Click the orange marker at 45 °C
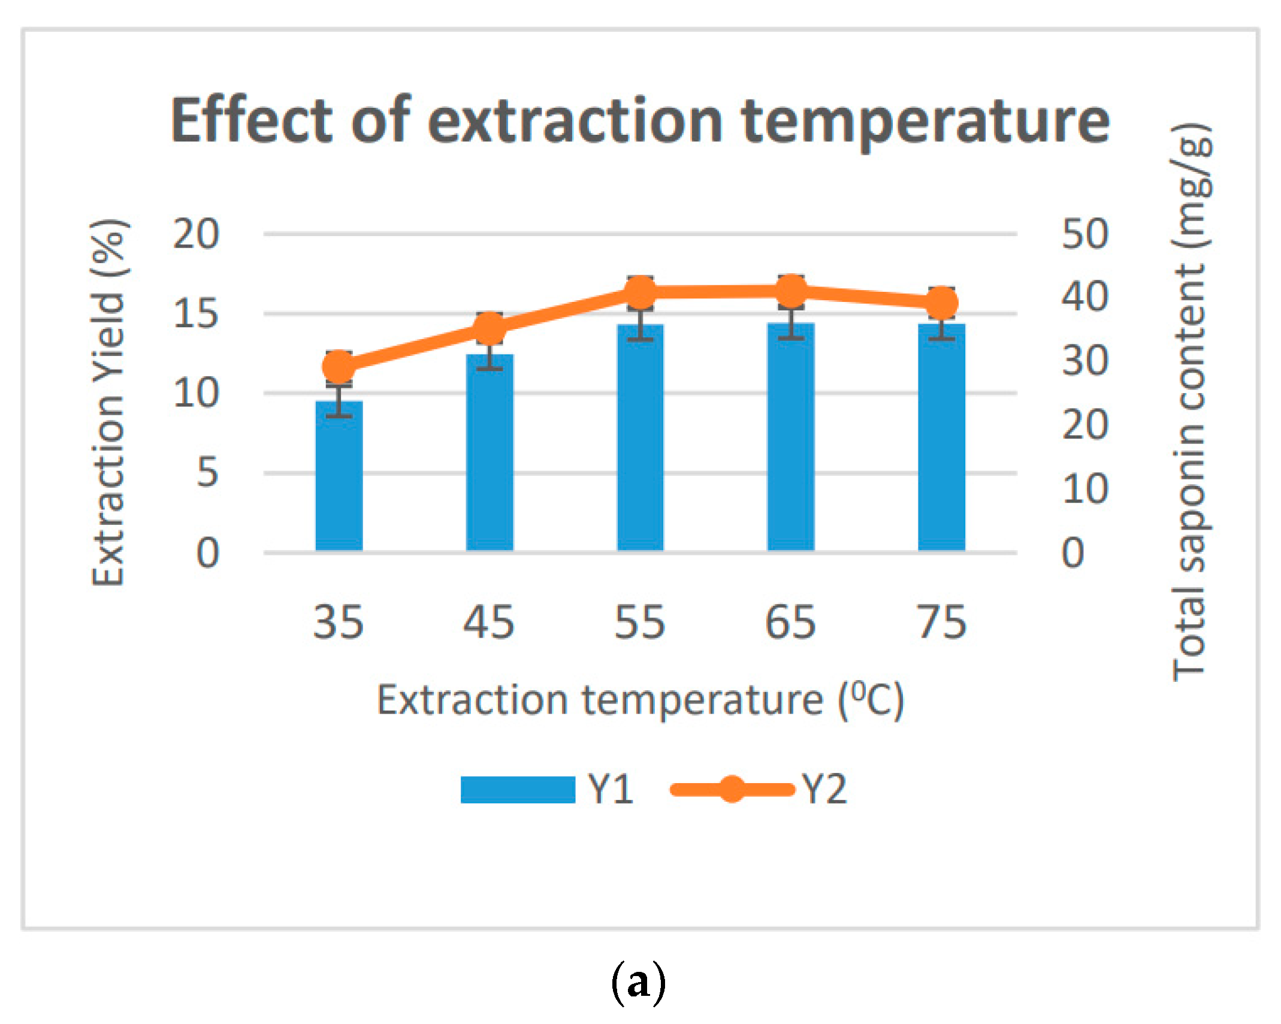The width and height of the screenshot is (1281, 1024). point(490,329)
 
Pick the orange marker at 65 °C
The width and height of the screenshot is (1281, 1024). point(791,292)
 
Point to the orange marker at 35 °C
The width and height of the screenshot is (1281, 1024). point(339,367)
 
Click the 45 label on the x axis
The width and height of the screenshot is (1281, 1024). point(488,623)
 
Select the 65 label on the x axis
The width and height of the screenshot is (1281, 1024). point(790,623)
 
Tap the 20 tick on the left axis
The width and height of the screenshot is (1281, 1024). point(196,234)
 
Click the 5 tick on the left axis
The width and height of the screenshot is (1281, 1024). point(207,473)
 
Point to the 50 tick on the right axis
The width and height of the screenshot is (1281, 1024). point(1085,234)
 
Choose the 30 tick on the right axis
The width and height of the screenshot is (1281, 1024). point(1085,361)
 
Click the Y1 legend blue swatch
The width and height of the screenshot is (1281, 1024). point(518,789)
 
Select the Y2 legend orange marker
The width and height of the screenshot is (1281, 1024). point(732,789)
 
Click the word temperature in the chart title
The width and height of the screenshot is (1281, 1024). point(925,122)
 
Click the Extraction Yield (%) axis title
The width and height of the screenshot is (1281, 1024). point(108,403)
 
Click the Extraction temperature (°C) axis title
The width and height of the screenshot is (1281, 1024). point(640,699)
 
